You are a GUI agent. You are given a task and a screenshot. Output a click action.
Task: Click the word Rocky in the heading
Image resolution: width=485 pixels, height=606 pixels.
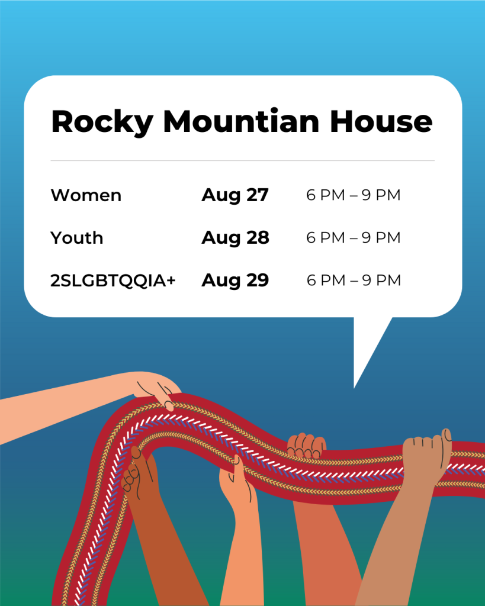(x=102, y=122)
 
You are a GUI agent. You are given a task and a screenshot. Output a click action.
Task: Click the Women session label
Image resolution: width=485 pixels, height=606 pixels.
(x=86, y=195)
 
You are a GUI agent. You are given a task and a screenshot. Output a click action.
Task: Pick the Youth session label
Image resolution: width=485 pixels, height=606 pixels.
(x=77, y=238)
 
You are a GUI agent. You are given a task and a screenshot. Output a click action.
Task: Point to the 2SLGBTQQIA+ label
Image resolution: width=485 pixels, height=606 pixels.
(x=113, y=280)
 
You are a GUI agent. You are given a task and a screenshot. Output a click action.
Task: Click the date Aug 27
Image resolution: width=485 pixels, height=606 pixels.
(x=235, y=195)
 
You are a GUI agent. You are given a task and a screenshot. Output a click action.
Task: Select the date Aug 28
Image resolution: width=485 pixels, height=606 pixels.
(x=235, y=238)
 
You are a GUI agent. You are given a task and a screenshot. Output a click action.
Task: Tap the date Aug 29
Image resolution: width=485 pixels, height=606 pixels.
(x=235, y=281)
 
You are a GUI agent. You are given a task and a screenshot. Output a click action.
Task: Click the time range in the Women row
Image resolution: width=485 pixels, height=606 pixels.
(x=354, y=195)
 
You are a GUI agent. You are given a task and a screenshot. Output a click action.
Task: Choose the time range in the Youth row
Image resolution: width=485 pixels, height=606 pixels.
(x=354, y=238)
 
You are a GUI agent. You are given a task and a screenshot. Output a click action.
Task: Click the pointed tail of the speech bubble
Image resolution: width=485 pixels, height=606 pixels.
(x=354, y=387)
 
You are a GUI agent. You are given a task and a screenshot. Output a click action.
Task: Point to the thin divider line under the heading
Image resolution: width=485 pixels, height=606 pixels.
(x=243, y=160)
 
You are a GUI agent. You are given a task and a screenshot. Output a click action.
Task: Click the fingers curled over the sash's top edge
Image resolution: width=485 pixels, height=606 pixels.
(x=307, y=446)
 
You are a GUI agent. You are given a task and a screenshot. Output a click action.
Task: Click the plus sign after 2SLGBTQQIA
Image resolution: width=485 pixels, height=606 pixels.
(x=171, y=280)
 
